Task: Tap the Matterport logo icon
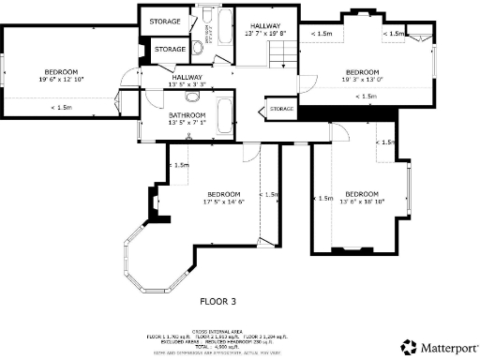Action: pos(409,346)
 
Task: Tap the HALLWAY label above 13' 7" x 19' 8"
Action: pos(262,25)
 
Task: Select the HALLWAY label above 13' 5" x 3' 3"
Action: pos(186,77)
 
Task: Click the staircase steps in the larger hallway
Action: pos(278,57)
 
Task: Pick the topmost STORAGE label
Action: pos(165,20)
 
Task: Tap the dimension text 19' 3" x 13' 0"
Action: pos(362,80)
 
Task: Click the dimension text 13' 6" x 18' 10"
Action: pos(361,201)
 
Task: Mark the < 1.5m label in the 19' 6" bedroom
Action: pos(62,107)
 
